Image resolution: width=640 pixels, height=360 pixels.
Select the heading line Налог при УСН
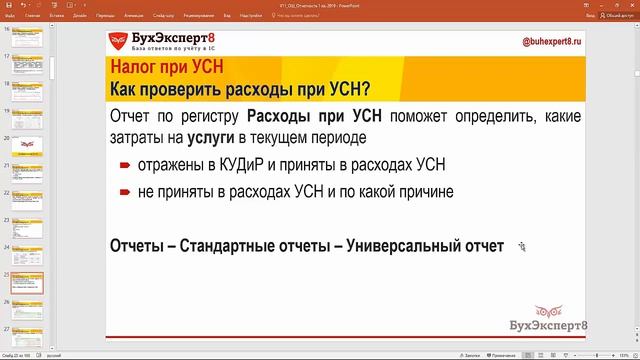[167, 69]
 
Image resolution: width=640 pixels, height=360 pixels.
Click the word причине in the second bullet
[423, 191]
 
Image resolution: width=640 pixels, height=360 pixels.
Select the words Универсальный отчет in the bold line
[424, 245]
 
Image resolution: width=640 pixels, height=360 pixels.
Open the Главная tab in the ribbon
[33, 17]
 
